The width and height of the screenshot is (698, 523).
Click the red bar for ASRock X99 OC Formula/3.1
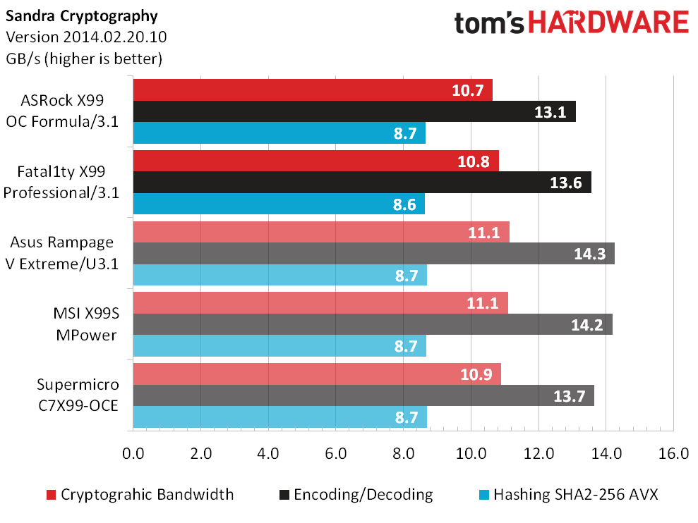pos(313,90)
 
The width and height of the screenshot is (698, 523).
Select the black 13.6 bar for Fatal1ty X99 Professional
pos(362,183)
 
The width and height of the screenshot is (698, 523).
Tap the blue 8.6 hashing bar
pos(279,204)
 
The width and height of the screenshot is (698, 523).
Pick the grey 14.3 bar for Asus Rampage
pos(373,254)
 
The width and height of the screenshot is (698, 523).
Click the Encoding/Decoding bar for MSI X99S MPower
pos(373,324)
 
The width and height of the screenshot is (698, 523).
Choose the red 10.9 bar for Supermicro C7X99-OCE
pos(317,374)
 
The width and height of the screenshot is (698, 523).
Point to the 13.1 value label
pos(550,112)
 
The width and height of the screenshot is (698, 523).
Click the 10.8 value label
pos(474,161)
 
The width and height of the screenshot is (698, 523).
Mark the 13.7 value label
pos(570,396)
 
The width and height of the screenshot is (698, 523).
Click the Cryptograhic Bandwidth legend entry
pos(140,495)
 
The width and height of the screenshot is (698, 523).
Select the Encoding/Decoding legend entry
pos(356,495)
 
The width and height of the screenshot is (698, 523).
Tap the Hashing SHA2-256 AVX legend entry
pos(568,495)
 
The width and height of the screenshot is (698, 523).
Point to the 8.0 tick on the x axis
pos(403,454)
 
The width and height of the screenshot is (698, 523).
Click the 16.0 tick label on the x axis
pos(673,454)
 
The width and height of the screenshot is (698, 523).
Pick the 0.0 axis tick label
pos(133,454)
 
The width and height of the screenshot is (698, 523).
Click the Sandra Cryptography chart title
pos(81,16)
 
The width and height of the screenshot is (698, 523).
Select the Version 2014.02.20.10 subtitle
pos(86,37)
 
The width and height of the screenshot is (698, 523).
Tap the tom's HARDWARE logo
pos(572,23)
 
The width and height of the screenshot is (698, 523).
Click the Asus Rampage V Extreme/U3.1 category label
pos(62,253)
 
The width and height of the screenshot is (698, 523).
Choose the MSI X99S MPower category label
pos(86,324)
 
